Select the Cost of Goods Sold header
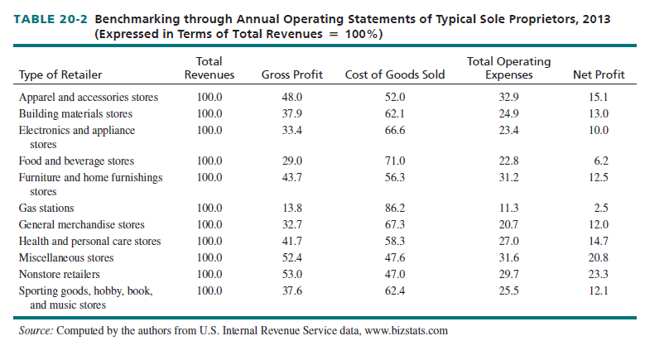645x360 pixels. click(394, 75)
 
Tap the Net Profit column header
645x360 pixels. click(599, 75)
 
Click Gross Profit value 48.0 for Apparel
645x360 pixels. click(292, 98)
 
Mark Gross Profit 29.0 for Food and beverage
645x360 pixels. click(292, 161)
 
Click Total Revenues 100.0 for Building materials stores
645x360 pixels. click(209, 113)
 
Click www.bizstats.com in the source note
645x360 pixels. click(407, 332)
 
